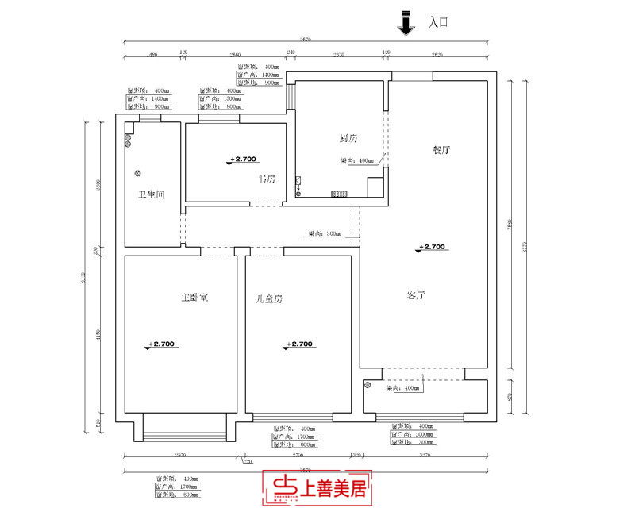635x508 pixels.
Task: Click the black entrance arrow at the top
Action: (x=406, y=24)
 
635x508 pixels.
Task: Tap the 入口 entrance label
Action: (x=439, y=23)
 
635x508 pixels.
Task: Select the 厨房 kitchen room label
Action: (x=346, y=140)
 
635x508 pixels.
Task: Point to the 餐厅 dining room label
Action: (x=441, y=150)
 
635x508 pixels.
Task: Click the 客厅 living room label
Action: (x=417, y=296)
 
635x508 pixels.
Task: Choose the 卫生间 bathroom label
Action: (x=151, y=194)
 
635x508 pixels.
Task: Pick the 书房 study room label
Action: (x=267, y=179)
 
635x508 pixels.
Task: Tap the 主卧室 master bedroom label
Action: (x=194, y=298)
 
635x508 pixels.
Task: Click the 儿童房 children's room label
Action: (x=270, y=299)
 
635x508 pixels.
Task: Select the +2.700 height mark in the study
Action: (x=244, y=160)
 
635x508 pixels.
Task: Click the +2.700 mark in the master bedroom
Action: (x=160, y=344)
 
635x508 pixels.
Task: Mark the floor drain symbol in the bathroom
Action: (x=137, y=173)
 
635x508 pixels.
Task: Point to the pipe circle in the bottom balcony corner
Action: (x=368, y=386)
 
